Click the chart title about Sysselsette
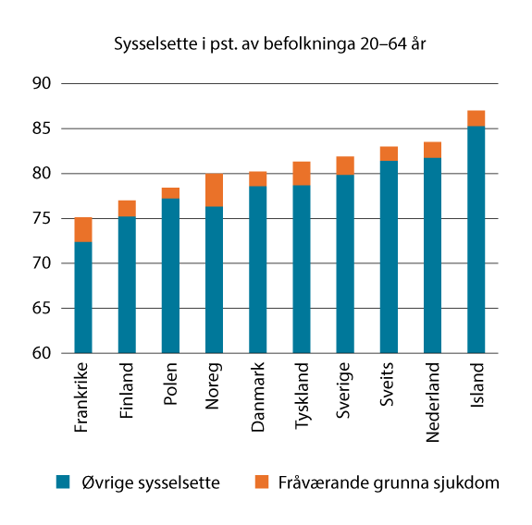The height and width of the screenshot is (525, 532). point(270,43)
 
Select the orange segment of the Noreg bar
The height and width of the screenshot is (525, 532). point(214,189)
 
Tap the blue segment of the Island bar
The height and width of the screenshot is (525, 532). point(476,239)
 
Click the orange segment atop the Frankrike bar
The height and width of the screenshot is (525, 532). point(83,229)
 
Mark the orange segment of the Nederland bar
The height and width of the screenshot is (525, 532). point(432,150)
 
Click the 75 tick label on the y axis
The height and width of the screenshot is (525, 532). point(46,219)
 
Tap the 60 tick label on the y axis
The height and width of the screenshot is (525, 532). point(46,354)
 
